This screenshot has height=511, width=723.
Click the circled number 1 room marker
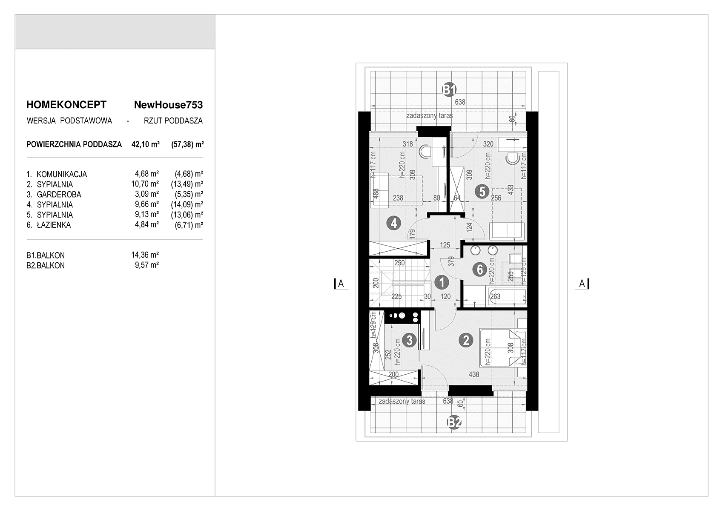pyautogui.click(x=441, y=283)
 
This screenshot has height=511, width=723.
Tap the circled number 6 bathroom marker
pyautogui.click(x=479, y=270)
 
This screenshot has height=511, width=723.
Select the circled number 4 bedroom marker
pyautogui.click(x=394, y=223)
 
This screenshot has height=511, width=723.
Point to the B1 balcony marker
pyautogui.click(x=449, y=89)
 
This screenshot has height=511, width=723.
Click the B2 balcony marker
pyautogui.click(x=454, y=422)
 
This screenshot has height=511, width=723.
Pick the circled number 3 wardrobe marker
pyautogui.click(x=410, y=340)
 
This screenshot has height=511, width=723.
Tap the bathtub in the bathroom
pyautogui.click(x=506, y=296)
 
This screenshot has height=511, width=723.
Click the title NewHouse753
pyautogui.click(x=169, y=105)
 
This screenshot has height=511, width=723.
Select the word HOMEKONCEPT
pyautogui.click(x=66, y=105)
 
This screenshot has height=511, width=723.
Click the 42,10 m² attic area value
pyautogui.click(x=146, y=144)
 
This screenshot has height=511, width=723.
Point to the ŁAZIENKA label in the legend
pyautogui.click(x=54, y=225)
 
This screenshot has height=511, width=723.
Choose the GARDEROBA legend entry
pyautogui.click(x=59, y=195)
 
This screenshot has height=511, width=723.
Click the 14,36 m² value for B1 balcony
pyautogui.click(x=145, y=255)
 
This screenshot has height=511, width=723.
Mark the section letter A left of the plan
pyautogui.click(x=341, y=284)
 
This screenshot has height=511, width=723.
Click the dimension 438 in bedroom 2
pyautogui.click(x=474, y=374)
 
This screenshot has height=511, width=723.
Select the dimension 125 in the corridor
pyautogui.click(x=445, y=245)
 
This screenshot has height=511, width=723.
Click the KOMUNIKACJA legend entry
pyautogui.click(x=62, y=174)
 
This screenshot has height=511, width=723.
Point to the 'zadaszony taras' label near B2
pyautogui.click(x=402, y=401)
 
